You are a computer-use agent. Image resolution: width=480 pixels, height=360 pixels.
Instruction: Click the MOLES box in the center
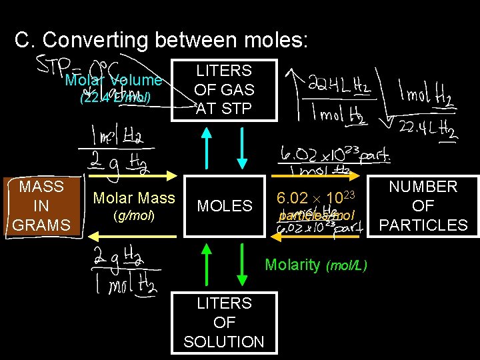(225, 206)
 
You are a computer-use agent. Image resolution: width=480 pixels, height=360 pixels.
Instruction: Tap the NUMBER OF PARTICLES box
(423, 206)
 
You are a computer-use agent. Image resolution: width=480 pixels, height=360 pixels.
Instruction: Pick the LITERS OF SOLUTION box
(224, 323)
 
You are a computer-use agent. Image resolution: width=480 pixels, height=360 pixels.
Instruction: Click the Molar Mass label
(134, 198)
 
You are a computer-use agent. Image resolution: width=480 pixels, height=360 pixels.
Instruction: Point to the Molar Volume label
(113, 81)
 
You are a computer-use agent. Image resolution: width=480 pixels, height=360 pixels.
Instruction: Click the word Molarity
(292, 265)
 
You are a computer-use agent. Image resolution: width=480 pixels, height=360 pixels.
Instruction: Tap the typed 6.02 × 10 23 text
(313, 198)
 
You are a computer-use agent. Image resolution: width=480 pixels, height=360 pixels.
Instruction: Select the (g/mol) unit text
(134, 216)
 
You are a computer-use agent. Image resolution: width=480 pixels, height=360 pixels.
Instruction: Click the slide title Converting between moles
(161, 41)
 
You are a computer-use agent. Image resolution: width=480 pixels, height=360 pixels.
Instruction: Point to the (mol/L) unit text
(346, 266)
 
